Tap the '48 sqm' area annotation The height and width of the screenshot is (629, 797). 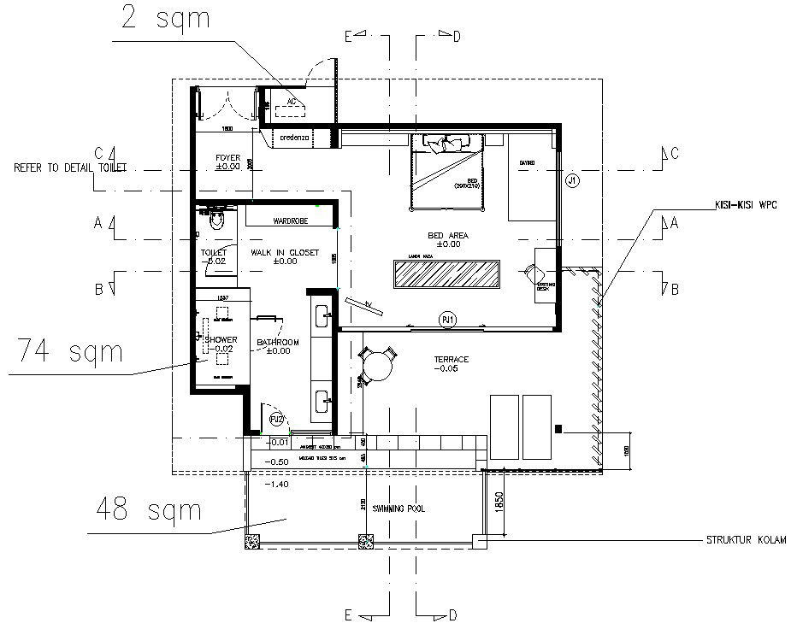(x=150, y=509)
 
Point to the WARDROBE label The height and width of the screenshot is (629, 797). (x=290, y=220)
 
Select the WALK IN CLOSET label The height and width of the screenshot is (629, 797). (x=284, y=253)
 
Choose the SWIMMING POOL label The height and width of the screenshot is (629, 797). (x=399, y=508)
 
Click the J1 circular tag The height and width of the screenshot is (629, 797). (x=573, y=179)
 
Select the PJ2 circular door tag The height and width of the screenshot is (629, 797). (x=276, y=420)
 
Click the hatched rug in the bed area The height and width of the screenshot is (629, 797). (x=446, y=274)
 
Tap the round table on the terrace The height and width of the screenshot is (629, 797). (x=377, y=367)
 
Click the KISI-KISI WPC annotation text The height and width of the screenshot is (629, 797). (x=747, y=205)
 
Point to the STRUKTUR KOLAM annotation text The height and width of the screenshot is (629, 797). (x=745, y=540)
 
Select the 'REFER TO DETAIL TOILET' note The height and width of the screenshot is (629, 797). (x=69, y=168)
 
